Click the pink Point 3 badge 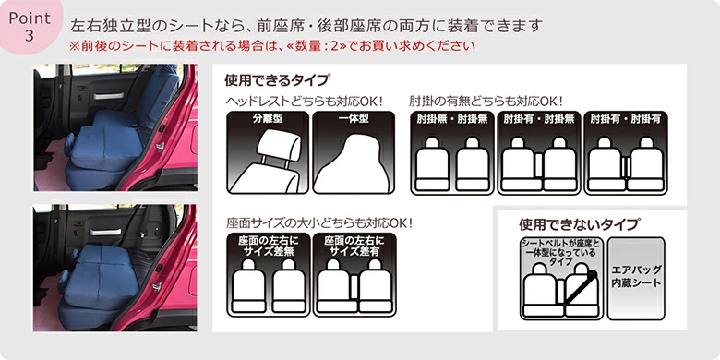(29, 25)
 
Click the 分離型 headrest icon (268, 152)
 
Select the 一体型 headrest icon (354, 152)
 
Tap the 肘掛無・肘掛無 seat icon (451, 152)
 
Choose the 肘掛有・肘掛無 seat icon (539, 152)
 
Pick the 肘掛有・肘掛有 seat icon (626, 152)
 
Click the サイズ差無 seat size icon (269, 274)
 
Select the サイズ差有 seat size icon (354, 274)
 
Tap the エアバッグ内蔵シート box (636, 278)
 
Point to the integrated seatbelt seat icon (561, 278)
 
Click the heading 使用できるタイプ (277, 80)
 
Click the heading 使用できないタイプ (579, 224)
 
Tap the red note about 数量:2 (271, 46)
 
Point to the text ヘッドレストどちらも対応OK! (305, 100)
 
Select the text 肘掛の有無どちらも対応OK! (486, 100)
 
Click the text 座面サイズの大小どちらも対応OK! (319, 223)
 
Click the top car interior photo (115, 127)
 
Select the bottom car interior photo (115, 268)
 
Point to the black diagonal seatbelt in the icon (580, 289)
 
